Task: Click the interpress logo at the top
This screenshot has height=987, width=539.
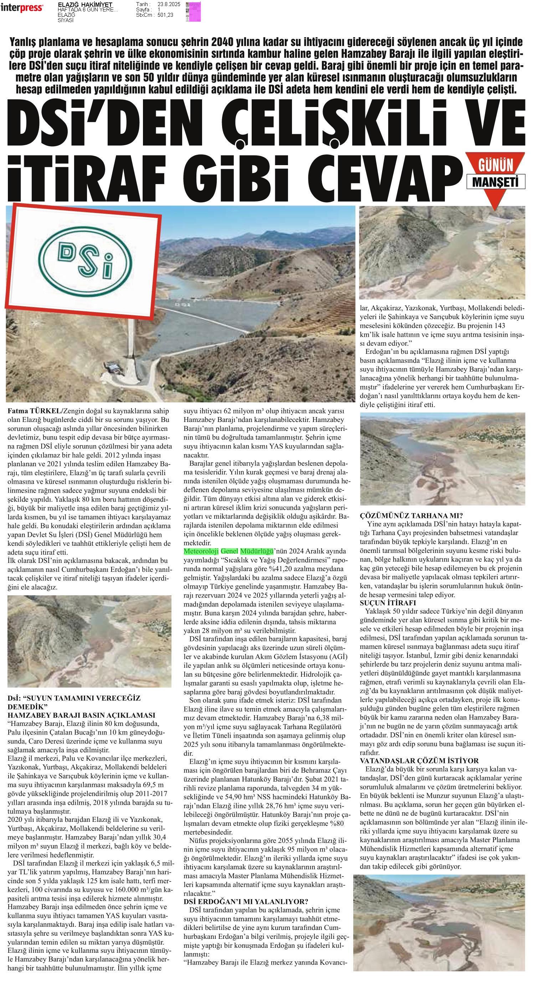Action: point(21,7)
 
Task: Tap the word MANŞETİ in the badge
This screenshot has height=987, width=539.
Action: point(496,182)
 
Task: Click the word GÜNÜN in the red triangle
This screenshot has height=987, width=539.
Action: point(496,166)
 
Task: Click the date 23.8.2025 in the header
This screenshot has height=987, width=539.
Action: point(169,4)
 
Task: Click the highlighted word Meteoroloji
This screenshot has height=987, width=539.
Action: point(201,551)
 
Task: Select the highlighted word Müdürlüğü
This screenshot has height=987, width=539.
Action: point(256,551)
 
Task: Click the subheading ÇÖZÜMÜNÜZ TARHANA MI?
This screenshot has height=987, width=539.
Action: point(411,515)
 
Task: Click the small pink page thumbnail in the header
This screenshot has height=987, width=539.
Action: point(193,11)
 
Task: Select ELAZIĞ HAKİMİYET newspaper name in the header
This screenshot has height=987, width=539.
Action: point(85,5)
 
